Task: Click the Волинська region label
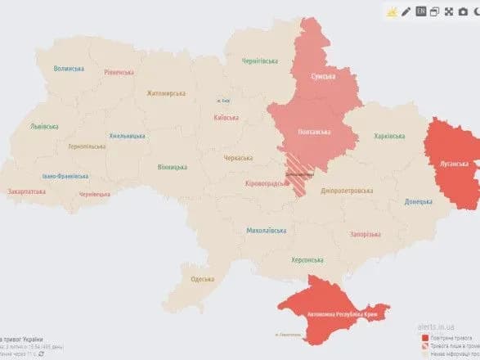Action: [70, 69]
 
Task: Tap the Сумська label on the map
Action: [324, 76]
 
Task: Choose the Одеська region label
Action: [203, 279]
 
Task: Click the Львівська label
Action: [43, 127]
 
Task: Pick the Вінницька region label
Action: [173, 167]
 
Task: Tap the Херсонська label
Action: [307, 259]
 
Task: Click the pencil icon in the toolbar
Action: [406, 11]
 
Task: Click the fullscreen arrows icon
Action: [450, 11]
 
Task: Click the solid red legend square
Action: [424, 336]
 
